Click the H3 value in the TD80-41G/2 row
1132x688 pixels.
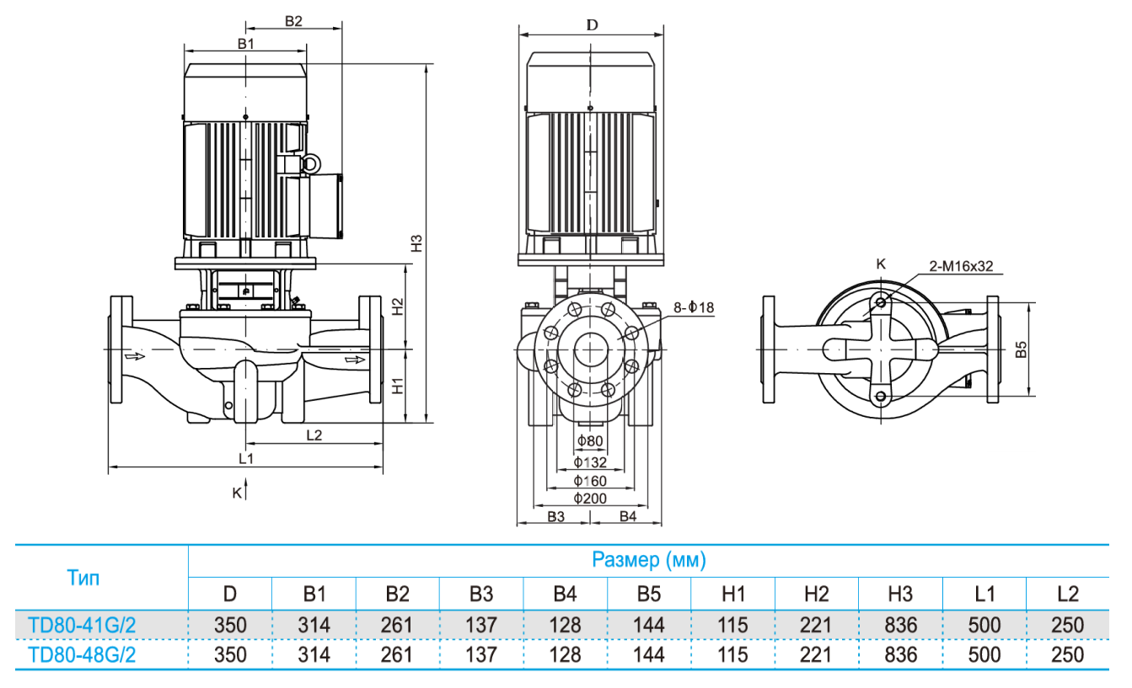coord(899,625)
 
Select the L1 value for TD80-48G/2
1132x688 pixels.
coord(984,654)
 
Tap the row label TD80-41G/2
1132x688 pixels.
coord(82,625)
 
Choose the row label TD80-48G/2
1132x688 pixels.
coord(82,654)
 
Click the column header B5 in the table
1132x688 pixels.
coord(648,594)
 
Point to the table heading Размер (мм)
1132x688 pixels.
coord(648,559)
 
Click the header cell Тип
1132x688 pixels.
coord(83,578)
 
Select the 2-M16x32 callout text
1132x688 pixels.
coord(961,266)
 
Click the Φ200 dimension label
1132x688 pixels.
coord(590,499)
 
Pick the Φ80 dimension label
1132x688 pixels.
coord(590,441)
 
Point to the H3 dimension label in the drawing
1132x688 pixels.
coord(416,243)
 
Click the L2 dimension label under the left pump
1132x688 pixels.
coord(314,435)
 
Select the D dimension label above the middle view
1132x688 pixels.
coord(592,24)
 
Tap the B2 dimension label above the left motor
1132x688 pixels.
coord(292,22)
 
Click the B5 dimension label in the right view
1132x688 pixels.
coord(1021,349)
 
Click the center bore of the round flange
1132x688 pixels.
coord(589,348)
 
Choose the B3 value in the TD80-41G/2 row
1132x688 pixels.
coord(480,625)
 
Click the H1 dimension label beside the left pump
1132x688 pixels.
coord(398,387)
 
